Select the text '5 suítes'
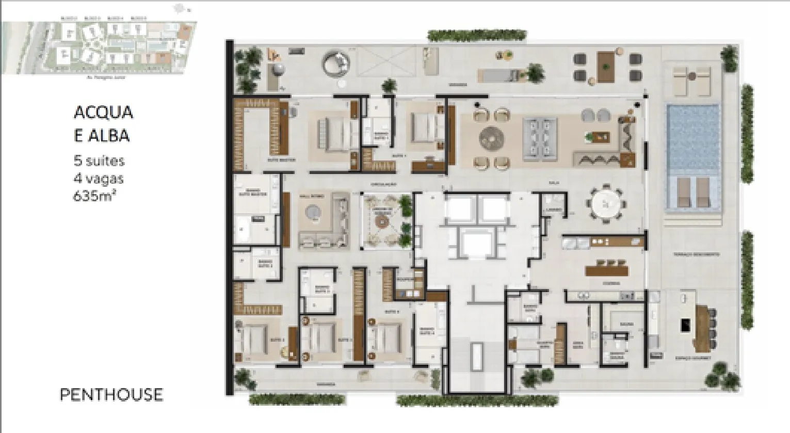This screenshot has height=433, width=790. point(99,161)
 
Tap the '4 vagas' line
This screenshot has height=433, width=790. point(98,179)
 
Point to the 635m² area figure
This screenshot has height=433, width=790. point(94,196)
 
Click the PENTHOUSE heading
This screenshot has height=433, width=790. point(111,395)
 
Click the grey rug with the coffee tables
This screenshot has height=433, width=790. point(540,138)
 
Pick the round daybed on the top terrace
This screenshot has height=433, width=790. point(336,65)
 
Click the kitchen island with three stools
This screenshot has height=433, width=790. point(607,270)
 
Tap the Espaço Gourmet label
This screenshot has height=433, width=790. point(693,357)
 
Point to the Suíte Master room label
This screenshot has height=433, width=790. point(281,160)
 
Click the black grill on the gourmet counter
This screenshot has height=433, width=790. point(685,325)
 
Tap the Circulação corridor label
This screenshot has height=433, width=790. point(383,184)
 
